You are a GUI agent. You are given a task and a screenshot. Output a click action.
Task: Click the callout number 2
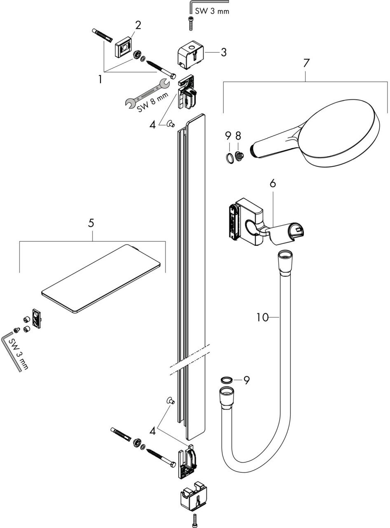138,25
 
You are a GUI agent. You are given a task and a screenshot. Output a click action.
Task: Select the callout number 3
223,52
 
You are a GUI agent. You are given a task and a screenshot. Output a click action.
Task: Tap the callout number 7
306,64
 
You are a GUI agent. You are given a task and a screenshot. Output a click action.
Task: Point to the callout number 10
262,317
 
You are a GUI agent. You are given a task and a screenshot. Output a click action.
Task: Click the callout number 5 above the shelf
91,223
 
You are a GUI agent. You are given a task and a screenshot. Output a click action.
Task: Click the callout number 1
100,79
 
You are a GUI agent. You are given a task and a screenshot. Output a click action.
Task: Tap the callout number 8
238,136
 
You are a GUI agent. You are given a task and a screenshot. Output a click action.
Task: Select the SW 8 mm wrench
147,94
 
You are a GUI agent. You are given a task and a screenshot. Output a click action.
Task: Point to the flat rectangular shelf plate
101,278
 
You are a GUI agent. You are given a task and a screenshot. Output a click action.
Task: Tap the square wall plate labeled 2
124,47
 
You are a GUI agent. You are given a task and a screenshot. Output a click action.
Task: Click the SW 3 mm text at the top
212,11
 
